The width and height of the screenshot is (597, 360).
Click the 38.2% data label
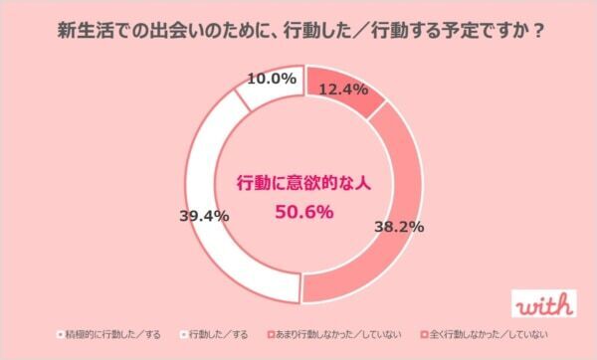(399, 227)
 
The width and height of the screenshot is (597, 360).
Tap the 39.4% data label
(204, 215)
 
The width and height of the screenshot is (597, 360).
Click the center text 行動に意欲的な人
(300, 183)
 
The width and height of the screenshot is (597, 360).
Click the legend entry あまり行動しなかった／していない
(334, 335)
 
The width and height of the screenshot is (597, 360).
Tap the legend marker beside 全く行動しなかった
(425, 335)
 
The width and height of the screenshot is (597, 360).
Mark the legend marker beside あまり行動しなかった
(270, 335)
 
